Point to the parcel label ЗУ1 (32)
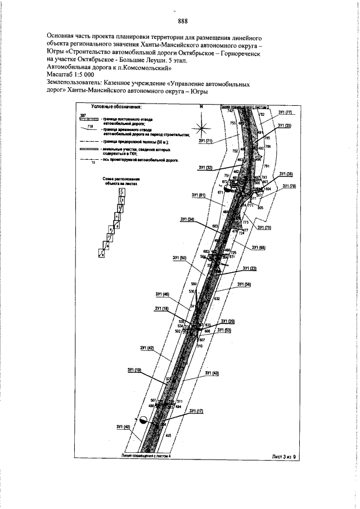point(205,168)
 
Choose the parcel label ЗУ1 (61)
point(199,195)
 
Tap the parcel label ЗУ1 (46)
point(162,294)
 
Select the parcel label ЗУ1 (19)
point(134,370)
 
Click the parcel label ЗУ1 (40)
point(123,427)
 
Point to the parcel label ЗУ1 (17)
point(196,411)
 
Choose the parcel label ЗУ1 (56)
point(244,285)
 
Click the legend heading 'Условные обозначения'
point(116,105)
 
